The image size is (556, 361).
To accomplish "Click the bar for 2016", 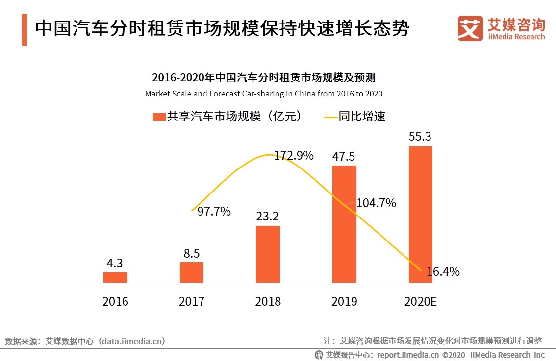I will coord(115,277).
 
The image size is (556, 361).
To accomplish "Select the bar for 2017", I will coord(192,272).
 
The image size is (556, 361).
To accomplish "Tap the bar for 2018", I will coord(268,254).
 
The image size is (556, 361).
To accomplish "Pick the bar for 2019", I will coord(344,224).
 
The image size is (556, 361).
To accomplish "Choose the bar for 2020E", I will coord(420,214).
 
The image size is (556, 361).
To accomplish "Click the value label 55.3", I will coord(420,136).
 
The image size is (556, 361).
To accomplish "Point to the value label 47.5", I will coord(344,156).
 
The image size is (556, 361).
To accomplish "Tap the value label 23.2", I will coord(268,216).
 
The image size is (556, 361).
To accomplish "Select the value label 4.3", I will coord(115,263).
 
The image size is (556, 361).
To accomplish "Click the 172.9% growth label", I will coord(294,156).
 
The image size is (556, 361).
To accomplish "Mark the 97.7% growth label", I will coord(214,212).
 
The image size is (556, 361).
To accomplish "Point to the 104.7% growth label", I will coord(376,203).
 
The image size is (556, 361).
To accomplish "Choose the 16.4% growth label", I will coord(443,271).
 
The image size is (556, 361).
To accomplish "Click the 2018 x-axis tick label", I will coord(268,301).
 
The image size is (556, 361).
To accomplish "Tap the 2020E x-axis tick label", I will coord(420,301).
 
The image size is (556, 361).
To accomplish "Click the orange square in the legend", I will coord(159,117).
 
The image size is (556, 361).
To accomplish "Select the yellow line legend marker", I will coord(330,117).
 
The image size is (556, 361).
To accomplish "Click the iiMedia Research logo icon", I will coord(470,28).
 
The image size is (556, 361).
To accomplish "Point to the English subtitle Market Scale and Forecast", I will coord(264,93).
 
